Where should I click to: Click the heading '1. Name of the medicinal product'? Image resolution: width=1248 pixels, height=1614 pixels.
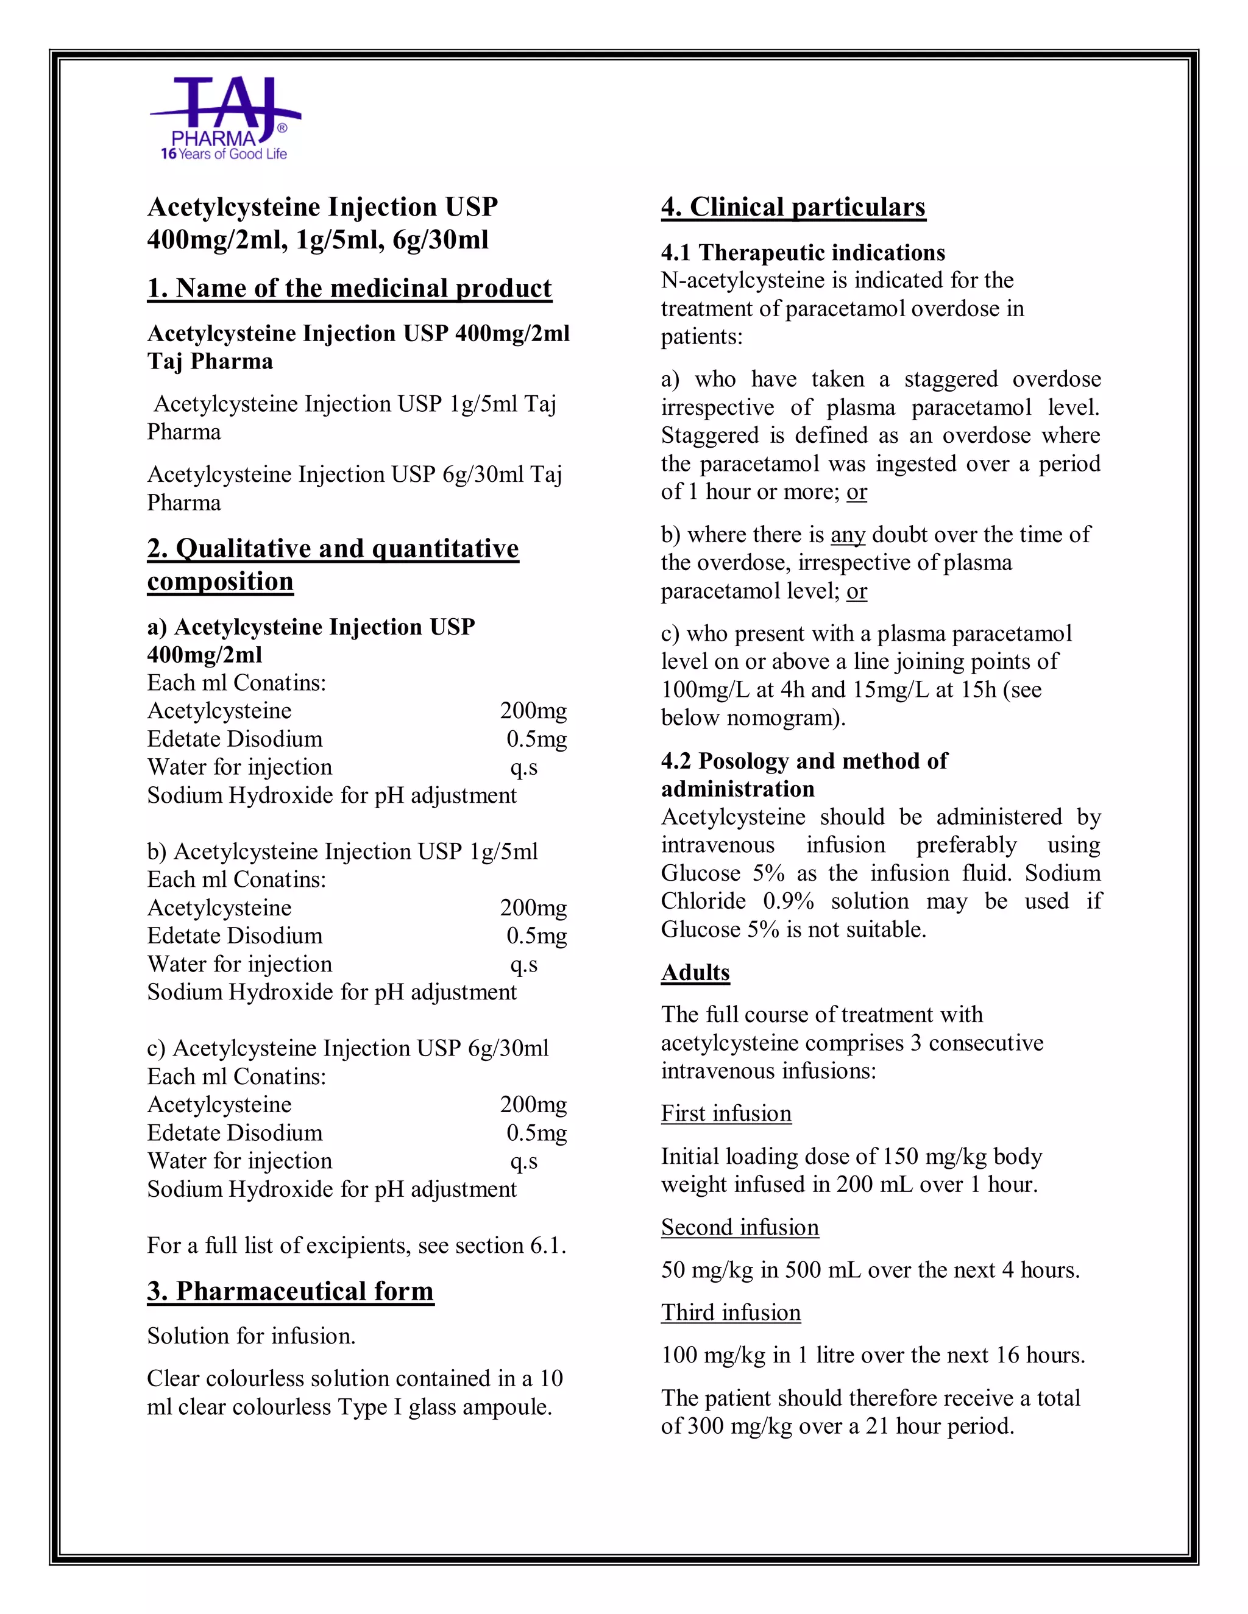pos(349,287)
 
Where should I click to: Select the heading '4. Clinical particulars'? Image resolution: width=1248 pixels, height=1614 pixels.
pos(793,207)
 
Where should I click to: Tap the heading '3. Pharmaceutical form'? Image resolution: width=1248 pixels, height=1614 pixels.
pos(290,1291)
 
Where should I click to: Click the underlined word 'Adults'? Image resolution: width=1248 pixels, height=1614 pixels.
pos(695,972)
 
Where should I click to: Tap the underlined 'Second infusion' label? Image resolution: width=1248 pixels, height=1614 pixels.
pos(739,1227)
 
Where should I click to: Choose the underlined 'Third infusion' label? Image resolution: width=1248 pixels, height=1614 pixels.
pos(731,1312)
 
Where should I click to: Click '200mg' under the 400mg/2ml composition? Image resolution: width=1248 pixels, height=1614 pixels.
pos(533,711)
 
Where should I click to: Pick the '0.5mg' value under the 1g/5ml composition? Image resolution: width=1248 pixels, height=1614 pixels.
pos(536,936)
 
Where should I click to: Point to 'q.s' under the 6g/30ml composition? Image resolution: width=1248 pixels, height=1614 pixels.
pos(523,1161)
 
